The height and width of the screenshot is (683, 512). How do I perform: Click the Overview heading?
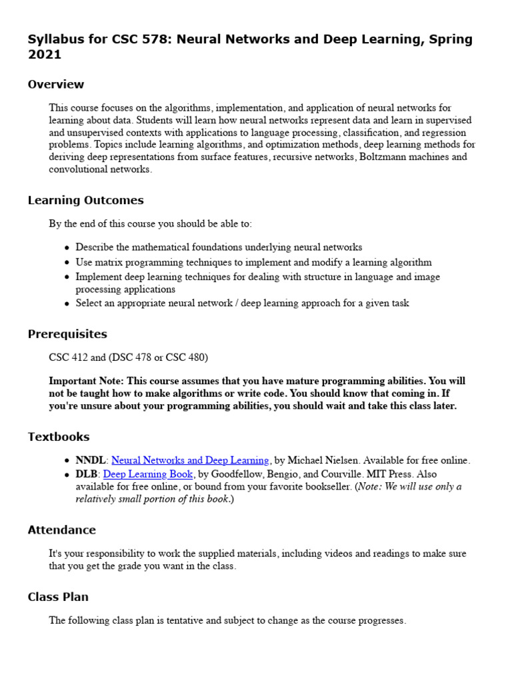[56, 84]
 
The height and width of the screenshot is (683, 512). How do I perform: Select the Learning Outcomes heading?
[85, 200]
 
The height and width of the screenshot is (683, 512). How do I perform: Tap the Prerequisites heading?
[67, 333]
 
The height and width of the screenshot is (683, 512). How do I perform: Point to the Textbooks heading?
[59, 437]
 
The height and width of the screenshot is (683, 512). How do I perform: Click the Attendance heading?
[62, 530]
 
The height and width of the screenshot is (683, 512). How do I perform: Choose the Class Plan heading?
[58, 596]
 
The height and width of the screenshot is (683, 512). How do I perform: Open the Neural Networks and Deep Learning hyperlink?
[190, 460]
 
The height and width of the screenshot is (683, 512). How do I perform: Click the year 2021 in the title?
[44, 55]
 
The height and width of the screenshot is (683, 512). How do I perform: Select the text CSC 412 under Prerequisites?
[69, 358]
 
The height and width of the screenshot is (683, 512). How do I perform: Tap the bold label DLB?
[87, 474]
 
